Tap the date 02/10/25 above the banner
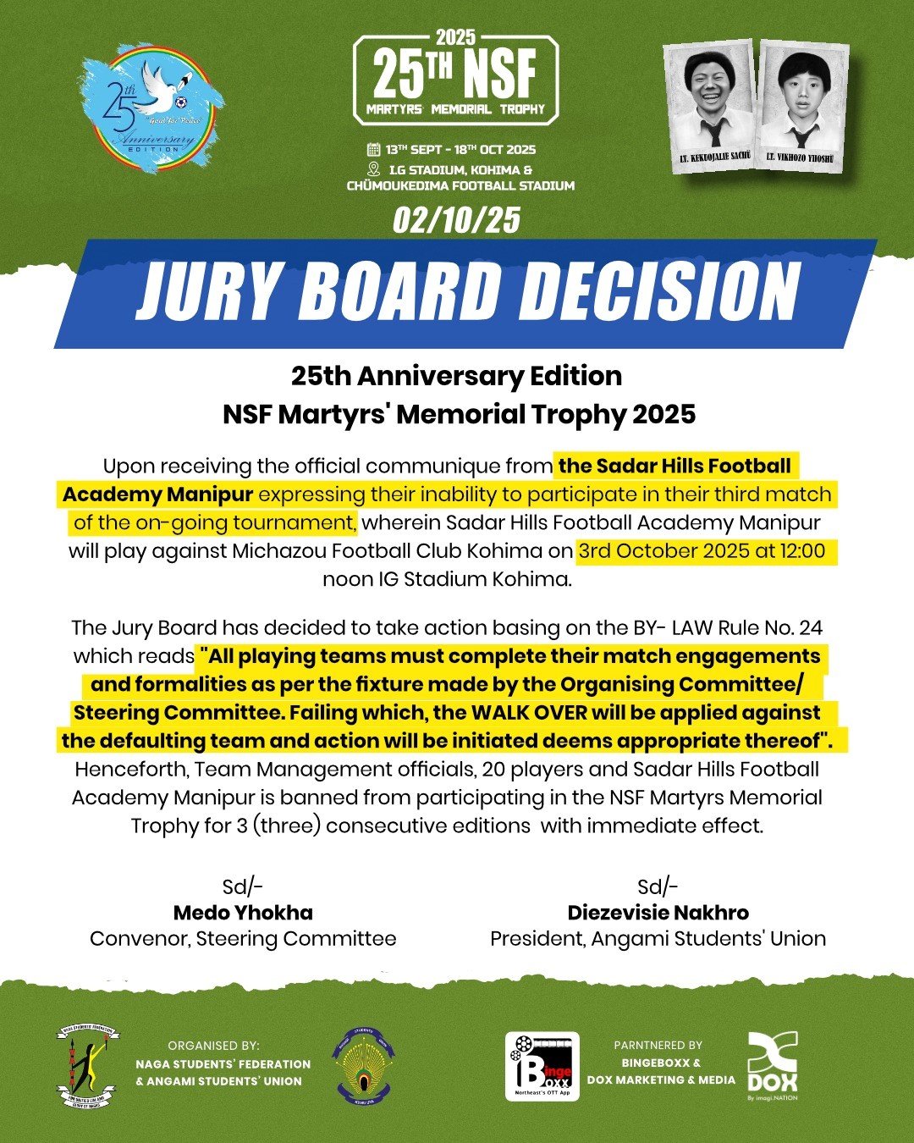coord(456,221)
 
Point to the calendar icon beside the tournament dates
coord(372,150)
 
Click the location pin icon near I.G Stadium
coord(372,168)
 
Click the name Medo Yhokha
coord(243,913)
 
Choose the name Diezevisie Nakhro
coord(658,913)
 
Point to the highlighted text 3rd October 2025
coord(662,550)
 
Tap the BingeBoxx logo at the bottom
coord(542,1066)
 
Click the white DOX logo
coord(772,1065)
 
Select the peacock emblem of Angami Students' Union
coord(363,1065)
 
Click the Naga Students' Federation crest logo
coord(88,1066)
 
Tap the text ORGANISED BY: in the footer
coord(213,1046)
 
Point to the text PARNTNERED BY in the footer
coord(658,1046)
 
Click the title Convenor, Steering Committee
coord(243,939)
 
